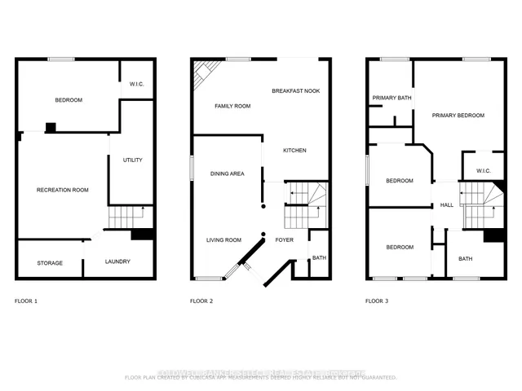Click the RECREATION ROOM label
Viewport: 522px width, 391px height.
[63, 190]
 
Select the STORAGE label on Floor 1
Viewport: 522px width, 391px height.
[50, 263]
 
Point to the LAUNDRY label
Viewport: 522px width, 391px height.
[117, 261]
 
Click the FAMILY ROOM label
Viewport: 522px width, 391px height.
[232, 107]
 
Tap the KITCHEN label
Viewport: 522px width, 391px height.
[294, 151]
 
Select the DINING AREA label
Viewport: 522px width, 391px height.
[228, 174]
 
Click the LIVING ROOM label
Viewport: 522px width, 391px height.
[223, 239]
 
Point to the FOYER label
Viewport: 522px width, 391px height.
[284, 239]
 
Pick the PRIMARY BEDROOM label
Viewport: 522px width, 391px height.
[458, 116]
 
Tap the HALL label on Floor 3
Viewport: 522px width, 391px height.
[447, 205]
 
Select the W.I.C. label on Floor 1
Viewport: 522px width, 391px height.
[137, 82]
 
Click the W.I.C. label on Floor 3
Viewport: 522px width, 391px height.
[482, 170]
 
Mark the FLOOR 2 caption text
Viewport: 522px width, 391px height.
[201, 301]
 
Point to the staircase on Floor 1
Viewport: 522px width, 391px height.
[127, 217]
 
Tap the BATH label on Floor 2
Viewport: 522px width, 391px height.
[318, 258]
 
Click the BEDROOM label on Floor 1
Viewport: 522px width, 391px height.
[69, 100]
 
